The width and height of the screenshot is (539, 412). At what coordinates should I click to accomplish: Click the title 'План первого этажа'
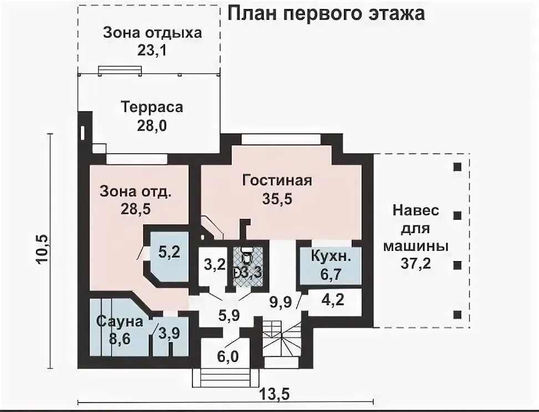tap(326, 14)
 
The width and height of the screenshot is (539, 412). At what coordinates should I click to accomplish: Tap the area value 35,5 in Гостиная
tap(277, 199)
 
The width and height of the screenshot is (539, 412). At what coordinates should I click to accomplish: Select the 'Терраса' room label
tap(151, 107)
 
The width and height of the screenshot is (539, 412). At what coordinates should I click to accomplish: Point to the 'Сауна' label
tap(119, 321)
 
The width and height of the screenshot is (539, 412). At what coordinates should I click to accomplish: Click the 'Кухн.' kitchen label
tap(331, 257)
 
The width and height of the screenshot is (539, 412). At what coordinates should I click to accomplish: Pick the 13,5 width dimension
tap(274, 393)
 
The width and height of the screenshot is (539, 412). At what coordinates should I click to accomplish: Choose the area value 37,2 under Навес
tap(415, 263)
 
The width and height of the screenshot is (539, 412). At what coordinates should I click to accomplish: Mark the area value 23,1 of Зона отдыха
tap(151, 51)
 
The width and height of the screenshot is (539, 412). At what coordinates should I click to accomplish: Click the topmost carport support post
tap(457, 167)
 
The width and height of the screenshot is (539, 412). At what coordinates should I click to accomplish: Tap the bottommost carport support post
tap(457, 314)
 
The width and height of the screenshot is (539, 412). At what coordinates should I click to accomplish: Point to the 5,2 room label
tap(169, 252)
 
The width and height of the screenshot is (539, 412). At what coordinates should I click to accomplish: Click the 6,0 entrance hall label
tap(227, 356)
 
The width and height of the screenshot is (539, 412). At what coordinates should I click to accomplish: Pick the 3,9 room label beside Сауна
tap(169, 333)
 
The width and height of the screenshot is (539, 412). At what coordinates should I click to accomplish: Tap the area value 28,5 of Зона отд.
tap(135, 209)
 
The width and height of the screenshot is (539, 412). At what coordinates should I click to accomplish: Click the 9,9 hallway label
tap(281, 302)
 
